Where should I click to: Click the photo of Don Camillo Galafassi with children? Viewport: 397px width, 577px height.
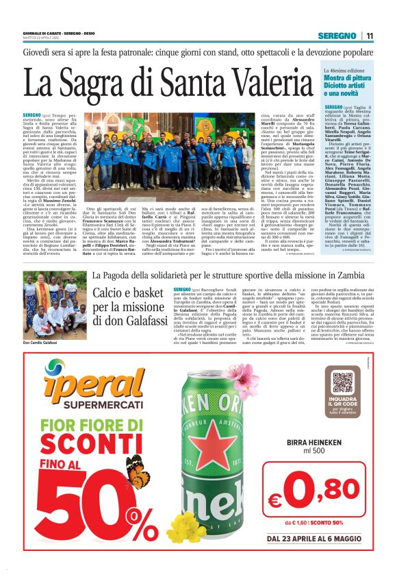(x=54, y=306)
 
